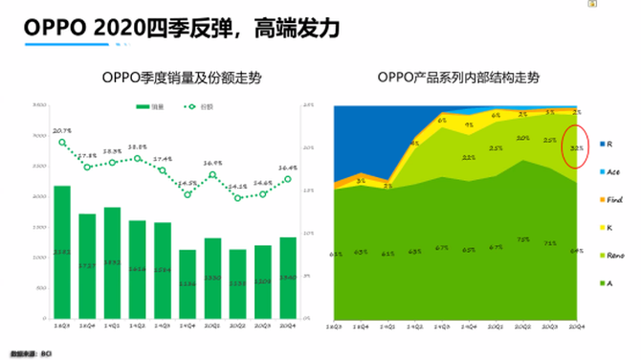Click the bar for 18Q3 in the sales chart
pyautogui.click(x=62, y=251)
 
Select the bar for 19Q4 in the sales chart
pyautogui.click(x=188, y=283)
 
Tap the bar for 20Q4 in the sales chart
pyautogui.click(x=288, y=277)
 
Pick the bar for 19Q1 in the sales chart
pyautogui.click(x=112, y=261)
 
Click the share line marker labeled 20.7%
pyautogui.click(x=62, y=143)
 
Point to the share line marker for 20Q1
pyautogui.click(x=212, y=175)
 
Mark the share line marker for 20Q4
pyautogui.click(x=288, y=178)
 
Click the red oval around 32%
pyautogui.click(x=577, y=147)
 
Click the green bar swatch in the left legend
pyautogui.click(x=144, y=107)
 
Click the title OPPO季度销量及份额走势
pyautogui.click(x=180, y=78)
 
